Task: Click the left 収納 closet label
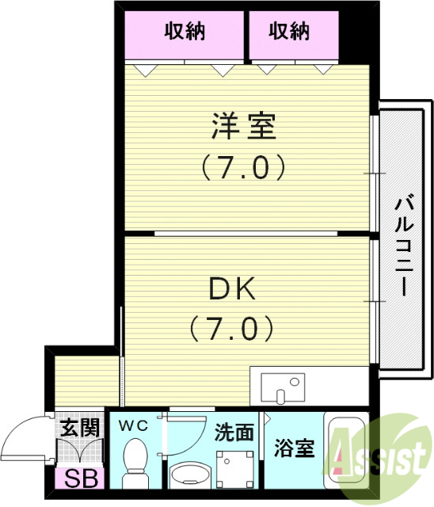(x=185, y=32)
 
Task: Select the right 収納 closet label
(x=288, y=32)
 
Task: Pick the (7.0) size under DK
(x=232, y=327)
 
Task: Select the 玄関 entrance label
(x=80, y=429)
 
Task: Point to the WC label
(x=133, y=426)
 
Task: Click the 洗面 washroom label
(x=234, y=433)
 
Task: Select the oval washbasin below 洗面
(x=190, y=475)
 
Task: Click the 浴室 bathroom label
(x=294, y=449)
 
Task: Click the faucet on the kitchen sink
(x=295, y=381)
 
